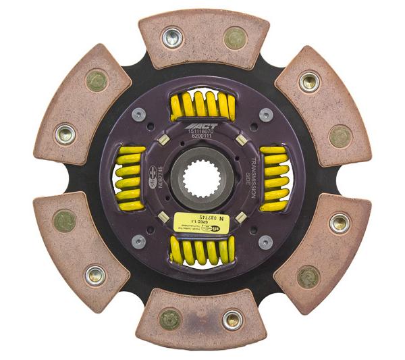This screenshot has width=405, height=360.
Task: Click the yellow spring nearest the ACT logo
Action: [x=202, y=107]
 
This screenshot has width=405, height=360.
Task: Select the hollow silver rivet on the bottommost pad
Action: [x=232, y=318]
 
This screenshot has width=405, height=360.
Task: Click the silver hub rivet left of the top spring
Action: [x=140, y=114]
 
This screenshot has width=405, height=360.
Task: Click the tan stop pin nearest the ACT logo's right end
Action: [x=240, y=140]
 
